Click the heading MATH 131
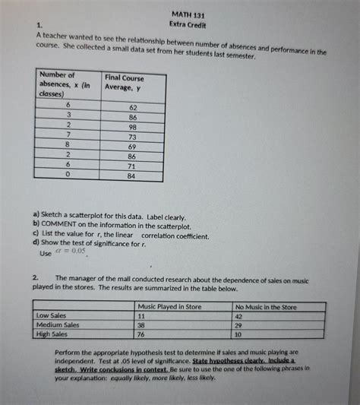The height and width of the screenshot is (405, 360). (190, 14)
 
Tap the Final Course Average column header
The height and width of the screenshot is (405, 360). (124, 83)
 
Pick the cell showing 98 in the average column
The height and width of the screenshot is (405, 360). (132, 128)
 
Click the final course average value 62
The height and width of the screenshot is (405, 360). (132, 108)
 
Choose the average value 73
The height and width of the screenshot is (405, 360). (132, 138)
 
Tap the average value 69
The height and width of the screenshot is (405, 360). (132, 147)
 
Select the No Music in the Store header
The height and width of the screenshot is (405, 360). (266, 307)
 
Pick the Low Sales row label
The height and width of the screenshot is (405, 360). (52, 315)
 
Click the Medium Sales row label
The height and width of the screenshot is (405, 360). (58, 324)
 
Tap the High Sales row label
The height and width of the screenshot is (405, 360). (53, 334)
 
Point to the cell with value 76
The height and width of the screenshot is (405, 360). (141, 334)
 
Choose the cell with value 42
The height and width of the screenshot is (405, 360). (239, 316)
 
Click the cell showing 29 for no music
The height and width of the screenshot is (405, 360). (239, 325)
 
